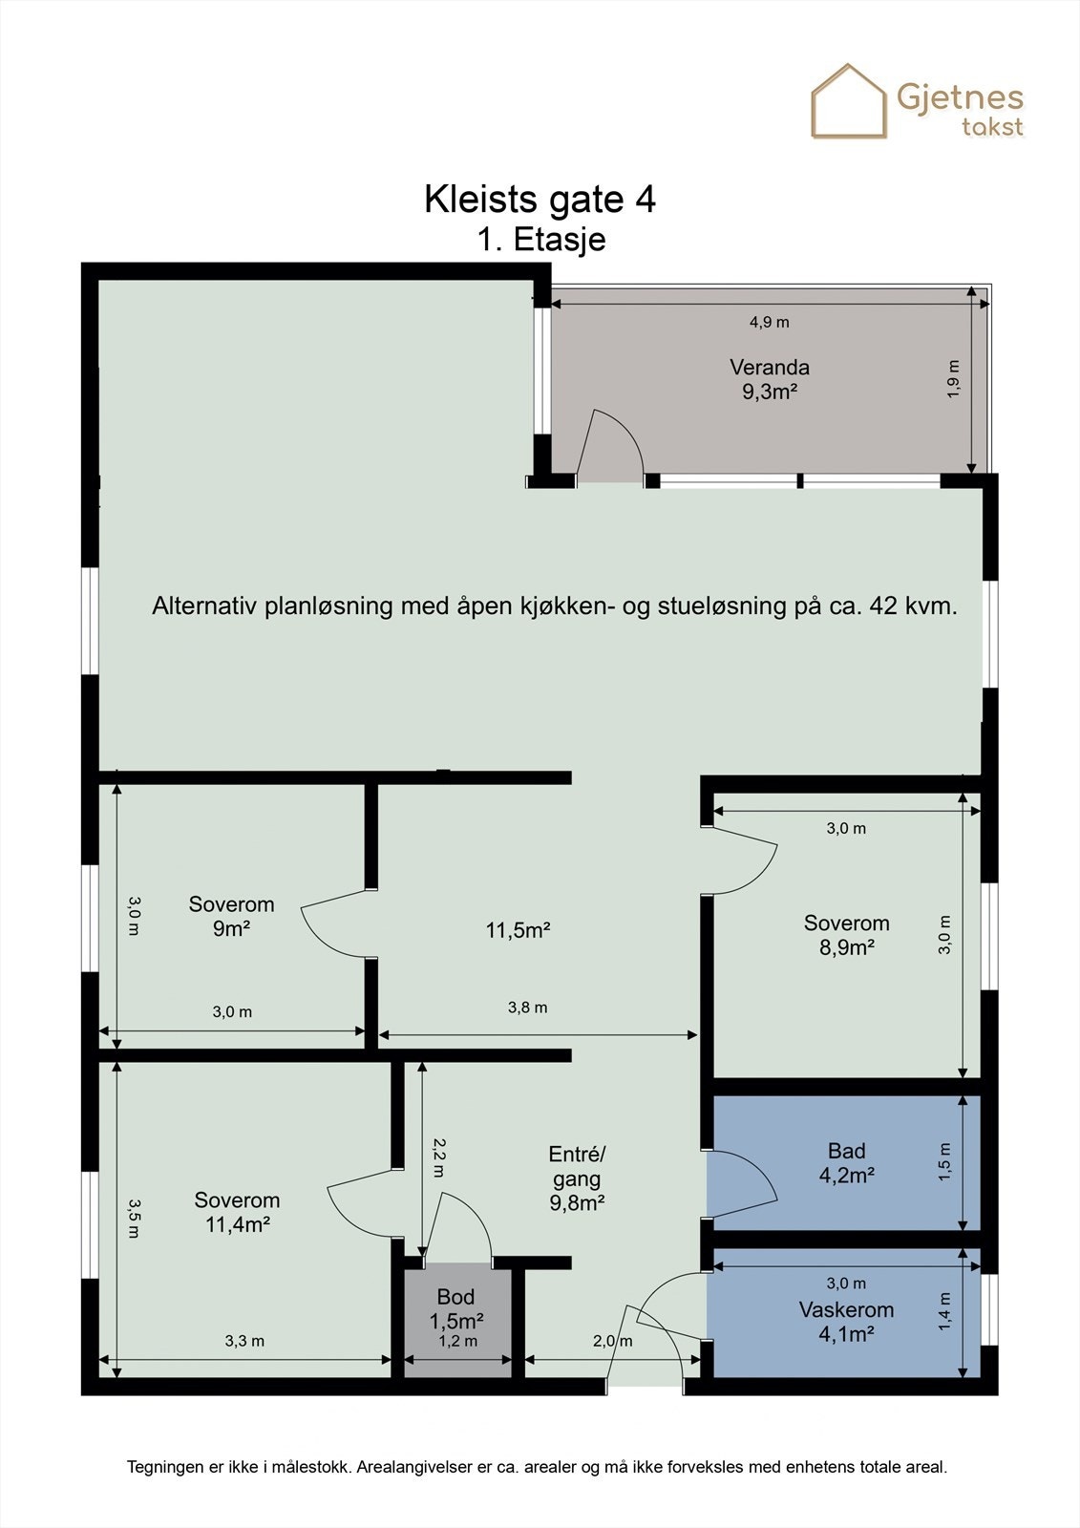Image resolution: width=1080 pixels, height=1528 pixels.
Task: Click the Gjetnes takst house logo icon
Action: click(849, 101)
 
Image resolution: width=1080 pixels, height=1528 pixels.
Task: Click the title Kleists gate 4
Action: click(540, 200)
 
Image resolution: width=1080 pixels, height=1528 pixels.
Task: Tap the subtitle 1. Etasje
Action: click(541, 239)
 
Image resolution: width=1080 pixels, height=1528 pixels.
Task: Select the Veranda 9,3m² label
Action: click(770, 379)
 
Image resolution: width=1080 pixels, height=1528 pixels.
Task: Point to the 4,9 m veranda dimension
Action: click(769, 322)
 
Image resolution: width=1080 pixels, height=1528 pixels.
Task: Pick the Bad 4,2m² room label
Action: click(846, 1163)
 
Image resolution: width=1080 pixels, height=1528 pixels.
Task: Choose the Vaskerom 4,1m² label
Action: click(846, 1322)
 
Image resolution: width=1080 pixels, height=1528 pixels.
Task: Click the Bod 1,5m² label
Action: click(456, 1309)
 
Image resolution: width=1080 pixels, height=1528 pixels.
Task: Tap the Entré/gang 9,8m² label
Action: click(577, 1178)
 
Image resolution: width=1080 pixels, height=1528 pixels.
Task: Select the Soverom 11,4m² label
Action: click(237, 1212)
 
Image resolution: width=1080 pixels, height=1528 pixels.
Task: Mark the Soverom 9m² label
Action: click(231, 916)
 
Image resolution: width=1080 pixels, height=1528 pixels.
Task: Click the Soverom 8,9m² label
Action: click(846, 935)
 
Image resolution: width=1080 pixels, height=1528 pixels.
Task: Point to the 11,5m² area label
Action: click(518, 930)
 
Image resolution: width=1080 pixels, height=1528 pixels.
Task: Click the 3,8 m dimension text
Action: click(527, 1008)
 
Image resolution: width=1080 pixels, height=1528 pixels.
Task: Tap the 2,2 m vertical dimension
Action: click(438, 1157)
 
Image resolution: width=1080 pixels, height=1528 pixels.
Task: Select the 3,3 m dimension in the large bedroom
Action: click(244, 1341)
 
